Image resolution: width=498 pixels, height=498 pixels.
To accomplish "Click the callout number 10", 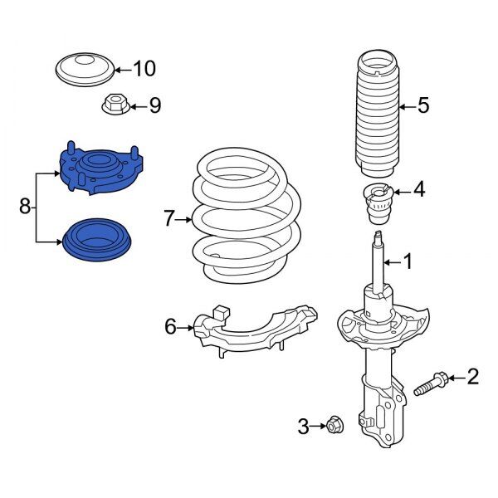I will click(x=144, y=68).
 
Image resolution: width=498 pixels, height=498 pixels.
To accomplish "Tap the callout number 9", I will click(x=154, y=105).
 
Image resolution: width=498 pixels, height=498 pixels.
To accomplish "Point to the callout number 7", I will click(x=170, y=219).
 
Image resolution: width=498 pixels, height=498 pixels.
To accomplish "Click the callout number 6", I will click(x=170, y=328).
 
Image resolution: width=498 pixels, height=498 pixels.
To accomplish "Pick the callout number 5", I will click(x=422, y=105).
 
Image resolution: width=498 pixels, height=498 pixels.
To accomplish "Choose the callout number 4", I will click(x=418, y=190).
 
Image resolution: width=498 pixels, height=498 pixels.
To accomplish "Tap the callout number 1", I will click(x=407, y=262).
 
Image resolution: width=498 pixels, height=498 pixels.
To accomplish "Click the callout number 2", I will click(x=472, y=378).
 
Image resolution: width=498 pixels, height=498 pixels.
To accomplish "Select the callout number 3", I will click(x=303, y=427).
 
